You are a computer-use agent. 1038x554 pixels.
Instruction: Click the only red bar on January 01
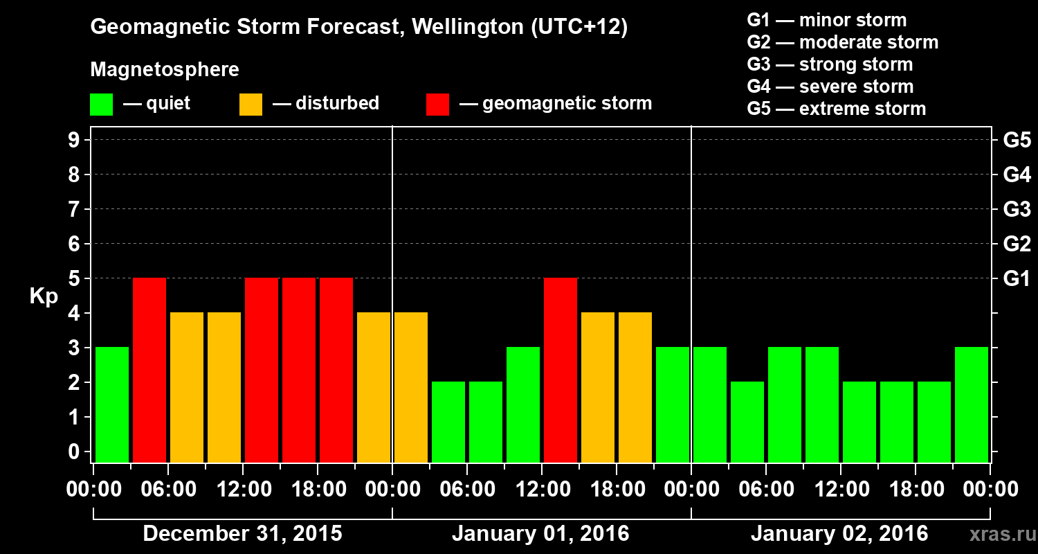coord(561,370)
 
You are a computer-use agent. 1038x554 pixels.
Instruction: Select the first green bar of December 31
coord(112,404)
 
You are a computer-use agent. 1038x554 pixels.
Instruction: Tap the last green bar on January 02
coord(972,404)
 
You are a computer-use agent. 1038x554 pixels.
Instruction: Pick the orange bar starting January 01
coord(411,388)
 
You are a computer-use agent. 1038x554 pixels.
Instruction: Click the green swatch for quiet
coord(101,105)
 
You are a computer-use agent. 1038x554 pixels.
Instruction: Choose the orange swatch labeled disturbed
coord(251,105)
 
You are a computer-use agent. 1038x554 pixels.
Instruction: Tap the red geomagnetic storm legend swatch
coord(437,105)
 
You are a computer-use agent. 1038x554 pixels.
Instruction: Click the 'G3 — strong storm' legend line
coord(830,64)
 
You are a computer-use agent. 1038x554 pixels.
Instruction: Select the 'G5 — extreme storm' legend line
coord(836,109)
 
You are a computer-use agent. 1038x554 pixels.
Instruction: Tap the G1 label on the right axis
coord(1017,279)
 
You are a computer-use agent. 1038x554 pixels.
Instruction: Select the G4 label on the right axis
coord(1017,175)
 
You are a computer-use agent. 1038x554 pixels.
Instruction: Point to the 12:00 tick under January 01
coord(542,490)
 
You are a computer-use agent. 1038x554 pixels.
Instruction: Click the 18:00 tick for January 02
coord(916,490)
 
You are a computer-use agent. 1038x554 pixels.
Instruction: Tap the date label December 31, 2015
coord(242,534)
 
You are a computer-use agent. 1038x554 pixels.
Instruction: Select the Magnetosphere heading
coord(165,70)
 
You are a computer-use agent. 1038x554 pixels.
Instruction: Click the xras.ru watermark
coord(999,534)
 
